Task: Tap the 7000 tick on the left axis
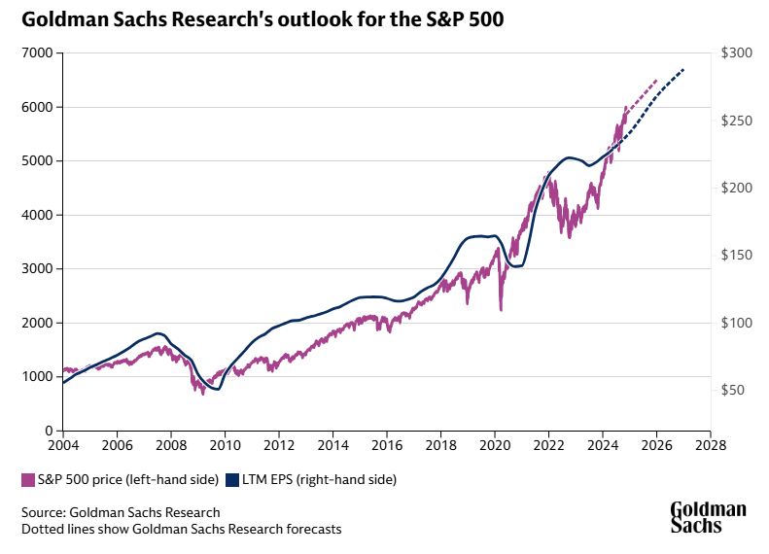(x=38, y=53)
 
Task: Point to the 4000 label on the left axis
(x=38, y=216)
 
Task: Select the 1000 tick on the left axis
(x=38, y=377)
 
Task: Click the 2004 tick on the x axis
(x=63, y=445)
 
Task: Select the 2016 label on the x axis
(x=386, y=445)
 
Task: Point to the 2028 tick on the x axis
(x=710, y=445)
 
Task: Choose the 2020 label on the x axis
(x=494, y=445)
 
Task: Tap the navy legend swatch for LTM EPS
(x=231, y=479)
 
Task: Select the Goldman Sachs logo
(x=708, y=517)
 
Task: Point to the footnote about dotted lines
(x=181, y=529)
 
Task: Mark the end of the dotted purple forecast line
(x=657, y=80)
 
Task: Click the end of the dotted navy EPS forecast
(x=684, y=69)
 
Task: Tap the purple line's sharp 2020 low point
(x=501, y=310)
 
